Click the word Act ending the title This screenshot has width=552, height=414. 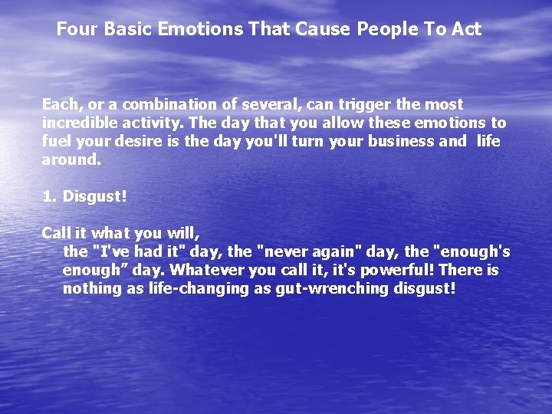pyautogui.click(x=467, y=29)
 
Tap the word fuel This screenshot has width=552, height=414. pyautogui.click(x=56, y=142)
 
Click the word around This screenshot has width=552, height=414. pyautogui.click(x=71, y=160)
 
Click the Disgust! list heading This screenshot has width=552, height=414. pyautogui.click(x=94, y=197)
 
